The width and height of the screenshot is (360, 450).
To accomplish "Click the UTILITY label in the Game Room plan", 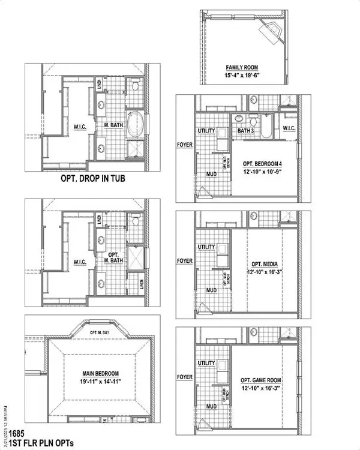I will [x=206, y=363].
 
